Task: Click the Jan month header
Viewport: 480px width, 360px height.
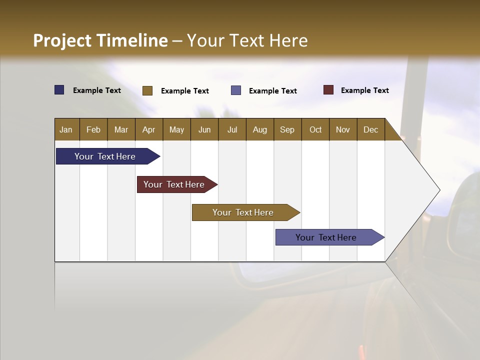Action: [66, 129]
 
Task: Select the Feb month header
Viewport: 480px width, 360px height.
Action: [93, 129]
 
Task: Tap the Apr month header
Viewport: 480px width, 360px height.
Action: [148, 129]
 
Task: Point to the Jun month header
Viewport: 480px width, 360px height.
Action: [204, 129]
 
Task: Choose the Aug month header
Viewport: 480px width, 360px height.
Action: [259, 129]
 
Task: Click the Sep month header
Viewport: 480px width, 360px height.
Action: [287, 129]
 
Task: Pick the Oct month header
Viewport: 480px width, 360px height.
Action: [315, 129]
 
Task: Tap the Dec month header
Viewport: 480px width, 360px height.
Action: [370, 129]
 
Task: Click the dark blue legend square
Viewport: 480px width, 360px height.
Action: [59, 90]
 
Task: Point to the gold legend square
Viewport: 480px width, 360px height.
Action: [147, 90]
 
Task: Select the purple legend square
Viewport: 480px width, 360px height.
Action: [236, 90]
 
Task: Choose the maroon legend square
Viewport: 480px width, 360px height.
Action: [328, 90]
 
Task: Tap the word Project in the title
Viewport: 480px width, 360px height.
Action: [62, 40]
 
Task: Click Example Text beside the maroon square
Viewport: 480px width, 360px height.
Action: [364, 90]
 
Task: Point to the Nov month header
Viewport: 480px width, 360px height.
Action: [342, 129]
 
